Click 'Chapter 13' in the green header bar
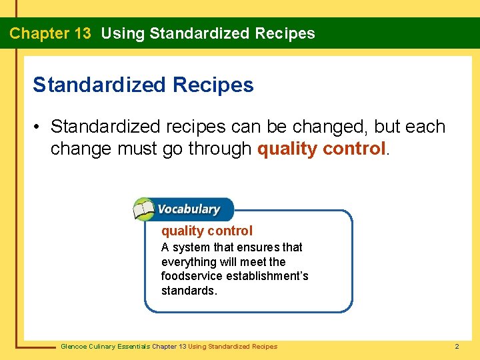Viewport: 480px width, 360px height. (x=50, y=33)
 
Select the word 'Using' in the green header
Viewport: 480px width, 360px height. (x=123, y=33)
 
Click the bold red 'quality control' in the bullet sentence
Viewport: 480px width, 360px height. (x=321, y=148)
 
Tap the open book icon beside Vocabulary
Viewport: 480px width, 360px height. (x=143, y=209)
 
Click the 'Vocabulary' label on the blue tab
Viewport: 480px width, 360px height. (x=189, y=209)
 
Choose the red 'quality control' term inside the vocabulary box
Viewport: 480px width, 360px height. (x=207, y=231)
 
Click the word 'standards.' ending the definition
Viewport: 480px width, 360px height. (x=189, y=291)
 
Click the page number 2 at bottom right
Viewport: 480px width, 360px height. (x=457, y=346)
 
